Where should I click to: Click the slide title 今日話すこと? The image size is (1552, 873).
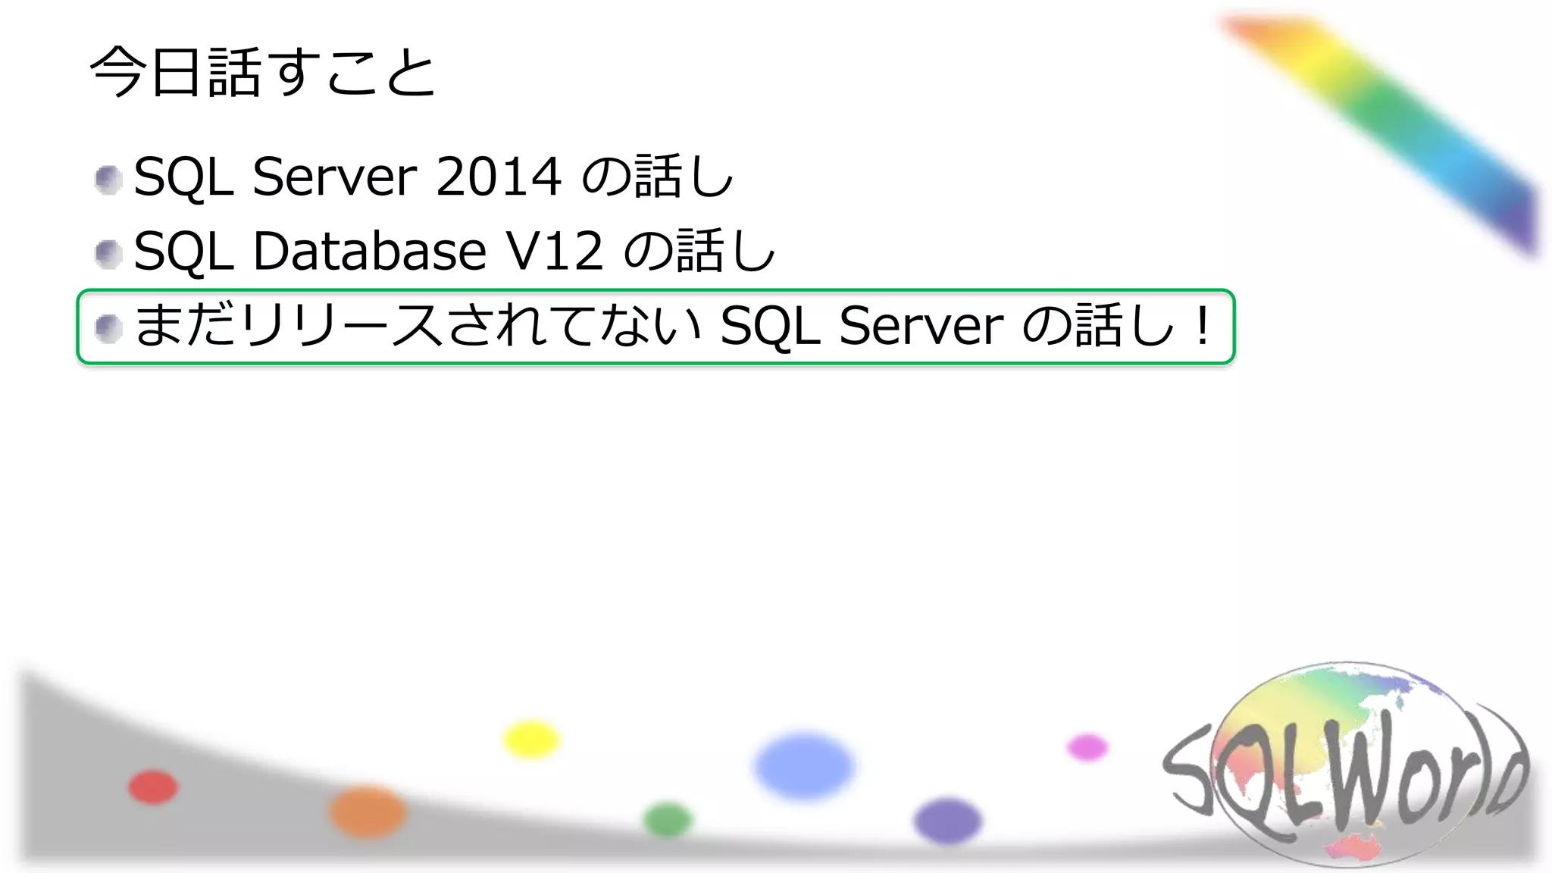262,73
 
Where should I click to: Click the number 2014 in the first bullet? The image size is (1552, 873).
498,177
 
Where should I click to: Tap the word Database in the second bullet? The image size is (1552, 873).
369,251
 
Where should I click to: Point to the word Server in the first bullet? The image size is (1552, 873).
334,177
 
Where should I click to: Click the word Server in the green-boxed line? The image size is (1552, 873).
921,326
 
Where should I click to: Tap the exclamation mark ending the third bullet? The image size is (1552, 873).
1202,326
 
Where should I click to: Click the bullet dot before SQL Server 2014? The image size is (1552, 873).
108,180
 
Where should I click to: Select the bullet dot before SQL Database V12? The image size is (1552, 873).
108,254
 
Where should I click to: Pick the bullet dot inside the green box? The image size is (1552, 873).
108,328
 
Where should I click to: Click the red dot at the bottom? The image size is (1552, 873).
153,787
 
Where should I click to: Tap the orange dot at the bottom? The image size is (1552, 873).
368,812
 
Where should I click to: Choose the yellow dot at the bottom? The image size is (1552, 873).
531,739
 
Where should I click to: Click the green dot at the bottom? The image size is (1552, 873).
668,819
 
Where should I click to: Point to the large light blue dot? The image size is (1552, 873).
804,765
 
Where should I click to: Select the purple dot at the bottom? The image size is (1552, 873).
947,820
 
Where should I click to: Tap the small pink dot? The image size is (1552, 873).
1087,747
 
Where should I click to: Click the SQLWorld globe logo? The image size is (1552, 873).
1345,765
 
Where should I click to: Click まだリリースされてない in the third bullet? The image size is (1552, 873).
418,326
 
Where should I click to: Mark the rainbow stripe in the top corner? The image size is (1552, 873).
1387,121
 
